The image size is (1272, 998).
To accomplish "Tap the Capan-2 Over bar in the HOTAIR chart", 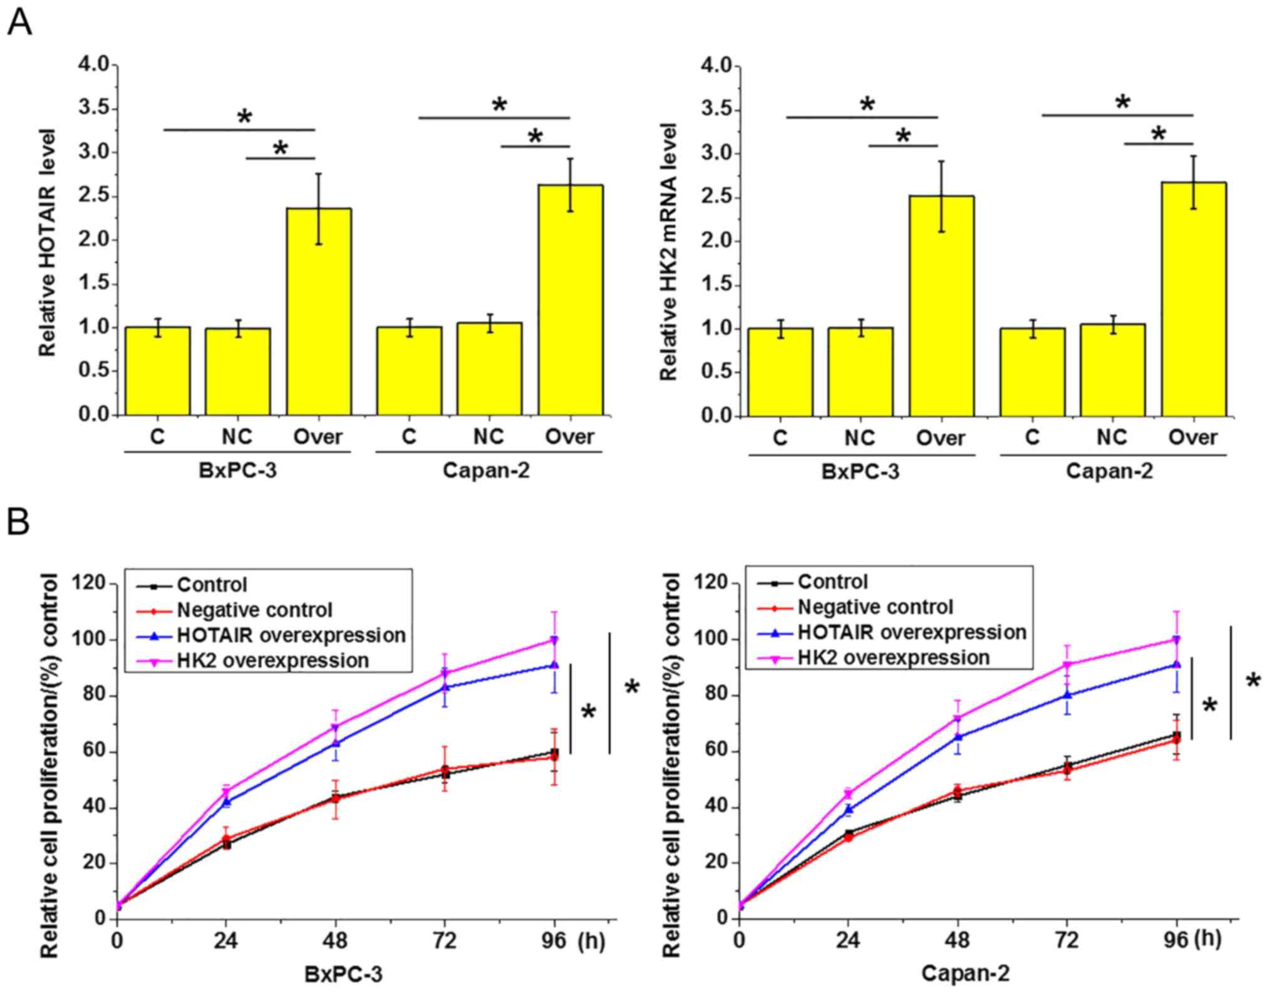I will [571, 300].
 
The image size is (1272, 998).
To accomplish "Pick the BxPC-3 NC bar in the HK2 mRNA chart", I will [861, 372].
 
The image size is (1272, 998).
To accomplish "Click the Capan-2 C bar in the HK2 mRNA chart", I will [1032, 372].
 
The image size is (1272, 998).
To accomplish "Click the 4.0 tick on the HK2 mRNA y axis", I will [717, 66].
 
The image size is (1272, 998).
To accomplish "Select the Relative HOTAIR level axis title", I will [48, 243].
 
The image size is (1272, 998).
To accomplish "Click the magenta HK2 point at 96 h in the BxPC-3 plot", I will [554, 640].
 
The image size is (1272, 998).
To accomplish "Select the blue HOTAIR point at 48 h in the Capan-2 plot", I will [957, 737].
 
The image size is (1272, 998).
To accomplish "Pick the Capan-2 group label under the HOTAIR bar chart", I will [486, 470].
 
